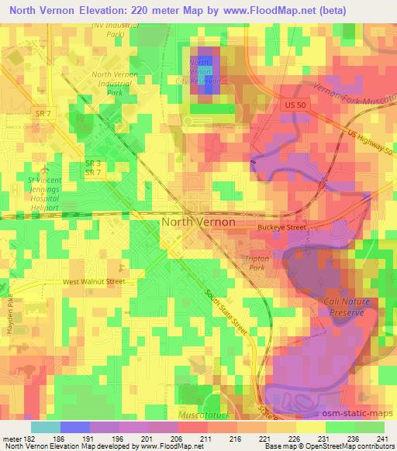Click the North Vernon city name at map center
point(198,222)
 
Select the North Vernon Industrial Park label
point(116,83)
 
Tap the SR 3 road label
point(92,163)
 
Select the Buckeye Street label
point(282,228)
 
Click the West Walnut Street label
point(94,282)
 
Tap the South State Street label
point(224,311)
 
